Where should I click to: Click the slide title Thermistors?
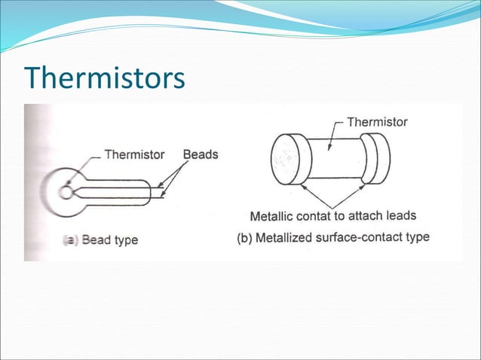click(105, 77)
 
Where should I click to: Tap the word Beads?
click(201, 154)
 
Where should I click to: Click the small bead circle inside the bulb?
click(66, 192)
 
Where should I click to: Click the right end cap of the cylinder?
click(375, 158)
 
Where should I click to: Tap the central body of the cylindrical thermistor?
click(335, 158)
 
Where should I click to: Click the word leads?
click(400, 215)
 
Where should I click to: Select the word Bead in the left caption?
click(96, 241)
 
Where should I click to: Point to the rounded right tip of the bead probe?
click(151, 192)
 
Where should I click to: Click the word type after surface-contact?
click(415, 237)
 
